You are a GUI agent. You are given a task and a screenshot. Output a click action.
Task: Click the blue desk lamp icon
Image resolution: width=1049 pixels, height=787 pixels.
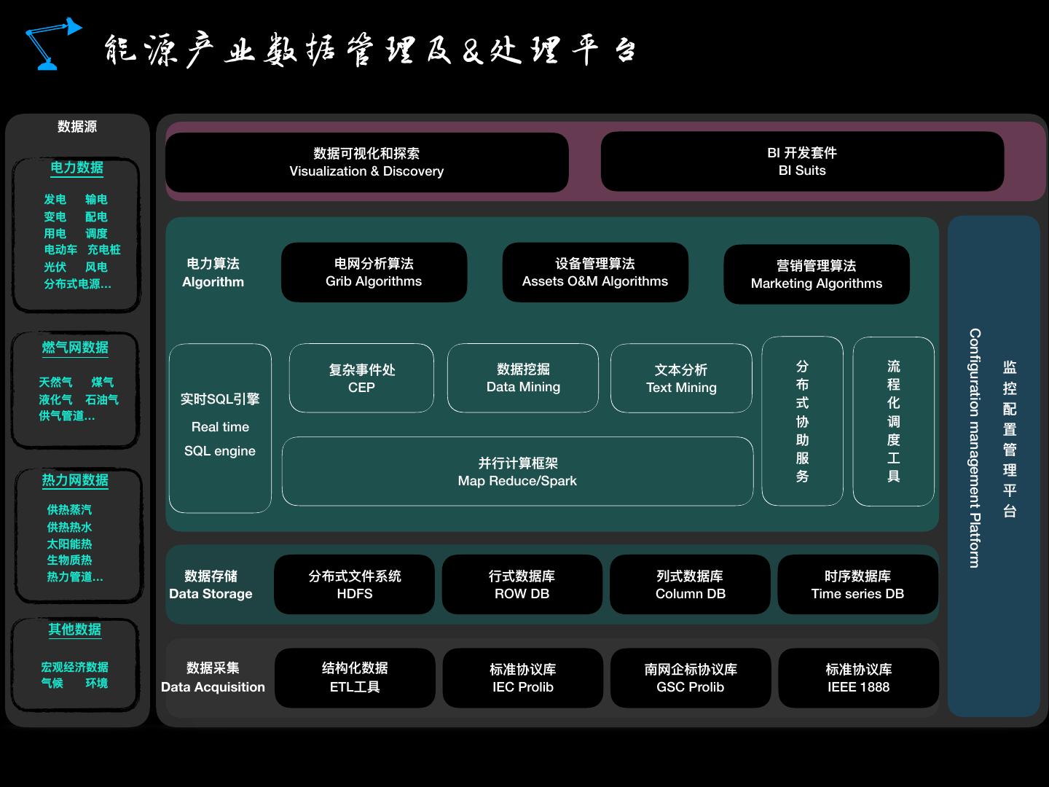(x=51, y=44)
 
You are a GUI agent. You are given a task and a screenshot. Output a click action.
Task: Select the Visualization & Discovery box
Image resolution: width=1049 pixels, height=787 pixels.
(x=366, y=163)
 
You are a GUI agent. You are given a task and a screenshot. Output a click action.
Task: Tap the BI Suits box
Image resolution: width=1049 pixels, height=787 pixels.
(x=802, y=162)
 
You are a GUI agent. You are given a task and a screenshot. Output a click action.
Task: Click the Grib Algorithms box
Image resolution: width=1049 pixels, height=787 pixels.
(x=374, y=273)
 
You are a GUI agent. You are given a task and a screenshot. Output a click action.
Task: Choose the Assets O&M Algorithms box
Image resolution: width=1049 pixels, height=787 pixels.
(x=595, y=273)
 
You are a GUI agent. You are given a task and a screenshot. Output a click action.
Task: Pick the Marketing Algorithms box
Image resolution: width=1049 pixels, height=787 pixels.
(x=816, y=275)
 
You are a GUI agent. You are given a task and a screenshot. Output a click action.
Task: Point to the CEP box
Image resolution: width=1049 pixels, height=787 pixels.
(x=361, y=378)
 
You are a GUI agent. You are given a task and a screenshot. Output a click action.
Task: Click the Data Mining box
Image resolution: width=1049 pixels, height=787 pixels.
(x=523, y=378)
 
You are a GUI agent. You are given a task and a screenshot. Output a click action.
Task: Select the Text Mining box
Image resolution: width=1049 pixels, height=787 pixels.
(x=681, y=378)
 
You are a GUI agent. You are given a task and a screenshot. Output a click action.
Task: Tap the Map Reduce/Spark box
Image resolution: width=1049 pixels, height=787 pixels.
(x=517, y=471)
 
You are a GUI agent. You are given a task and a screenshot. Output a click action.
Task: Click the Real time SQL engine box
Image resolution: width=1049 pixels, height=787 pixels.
(x=220, y=428)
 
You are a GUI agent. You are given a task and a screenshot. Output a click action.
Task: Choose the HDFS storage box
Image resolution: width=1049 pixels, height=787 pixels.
(x=355, y=584)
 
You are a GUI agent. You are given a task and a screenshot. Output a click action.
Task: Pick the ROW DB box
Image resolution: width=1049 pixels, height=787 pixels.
(x=522, y=584)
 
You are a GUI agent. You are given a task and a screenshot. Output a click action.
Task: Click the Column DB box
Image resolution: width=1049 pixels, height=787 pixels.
(x=690, y=584)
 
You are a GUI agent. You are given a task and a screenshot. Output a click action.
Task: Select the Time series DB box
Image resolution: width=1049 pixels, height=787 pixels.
(x=857, y=584)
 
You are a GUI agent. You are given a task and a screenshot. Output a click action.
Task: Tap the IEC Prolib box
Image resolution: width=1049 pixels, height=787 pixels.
(x=523, y=678)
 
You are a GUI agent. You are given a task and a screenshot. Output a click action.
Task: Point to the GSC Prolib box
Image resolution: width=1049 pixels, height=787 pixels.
(x=691, y=678)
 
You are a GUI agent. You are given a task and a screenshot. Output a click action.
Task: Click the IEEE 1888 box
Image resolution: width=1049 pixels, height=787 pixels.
(x=858, y=678)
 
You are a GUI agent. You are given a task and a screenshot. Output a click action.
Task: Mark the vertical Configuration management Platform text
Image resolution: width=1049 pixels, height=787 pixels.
(x=975, y=447)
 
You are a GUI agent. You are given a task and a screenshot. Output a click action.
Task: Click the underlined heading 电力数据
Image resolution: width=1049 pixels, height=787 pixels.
(x=76, y=168)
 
